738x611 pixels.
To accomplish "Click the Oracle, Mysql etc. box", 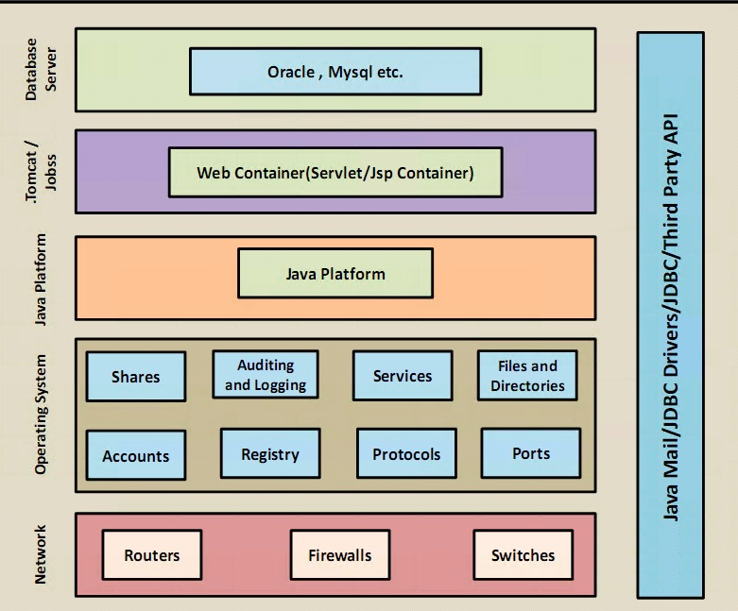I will click(335, 72).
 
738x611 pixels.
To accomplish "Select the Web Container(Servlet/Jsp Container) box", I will click(335, 173).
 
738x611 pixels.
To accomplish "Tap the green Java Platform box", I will click(335, 274).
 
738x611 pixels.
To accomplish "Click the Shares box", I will click(136, 376).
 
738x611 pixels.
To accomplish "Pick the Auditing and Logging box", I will click(266, 375).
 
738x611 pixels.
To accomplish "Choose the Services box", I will click(402, 376).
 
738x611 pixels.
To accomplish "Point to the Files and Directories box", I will click(527, 376).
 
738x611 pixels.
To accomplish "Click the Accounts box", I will click(136, 455).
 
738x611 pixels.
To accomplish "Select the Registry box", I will click(269, 453).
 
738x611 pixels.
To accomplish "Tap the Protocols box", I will click(406, 453).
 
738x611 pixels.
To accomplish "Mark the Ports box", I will click(530, 452).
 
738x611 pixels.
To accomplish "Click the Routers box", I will click(151, 555).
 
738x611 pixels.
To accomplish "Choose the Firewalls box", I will click(340, 555).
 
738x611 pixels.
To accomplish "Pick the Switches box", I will click(523, 555).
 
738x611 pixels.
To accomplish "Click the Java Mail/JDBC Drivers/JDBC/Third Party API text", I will click(670, 314).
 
